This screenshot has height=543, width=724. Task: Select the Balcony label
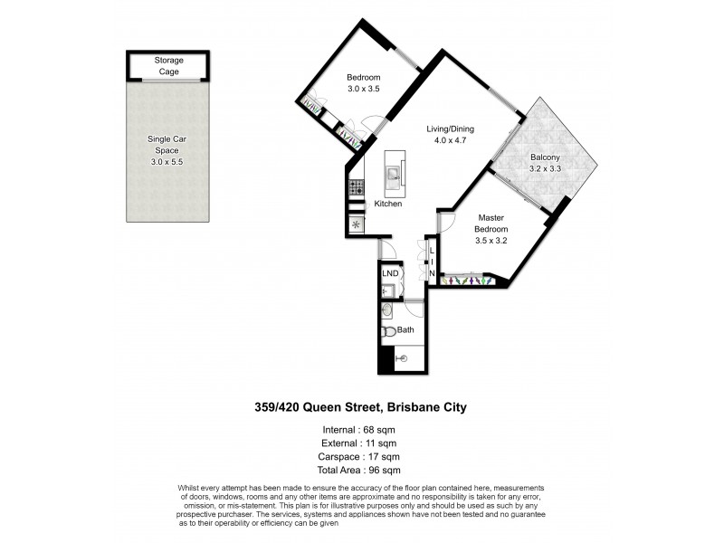tap(546, 157)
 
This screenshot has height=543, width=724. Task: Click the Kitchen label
tap(387, 204)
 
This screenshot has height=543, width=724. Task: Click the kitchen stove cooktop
tap(356, 188)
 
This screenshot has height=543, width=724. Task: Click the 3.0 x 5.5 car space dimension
tap(167, 162)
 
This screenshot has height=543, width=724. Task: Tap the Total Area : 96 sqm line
tap(359, 471)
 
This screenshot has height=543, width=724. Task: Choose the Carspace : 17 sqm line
tap(359, 457)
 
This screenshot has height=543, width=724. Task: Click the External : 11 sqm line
tap(359, 443)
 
